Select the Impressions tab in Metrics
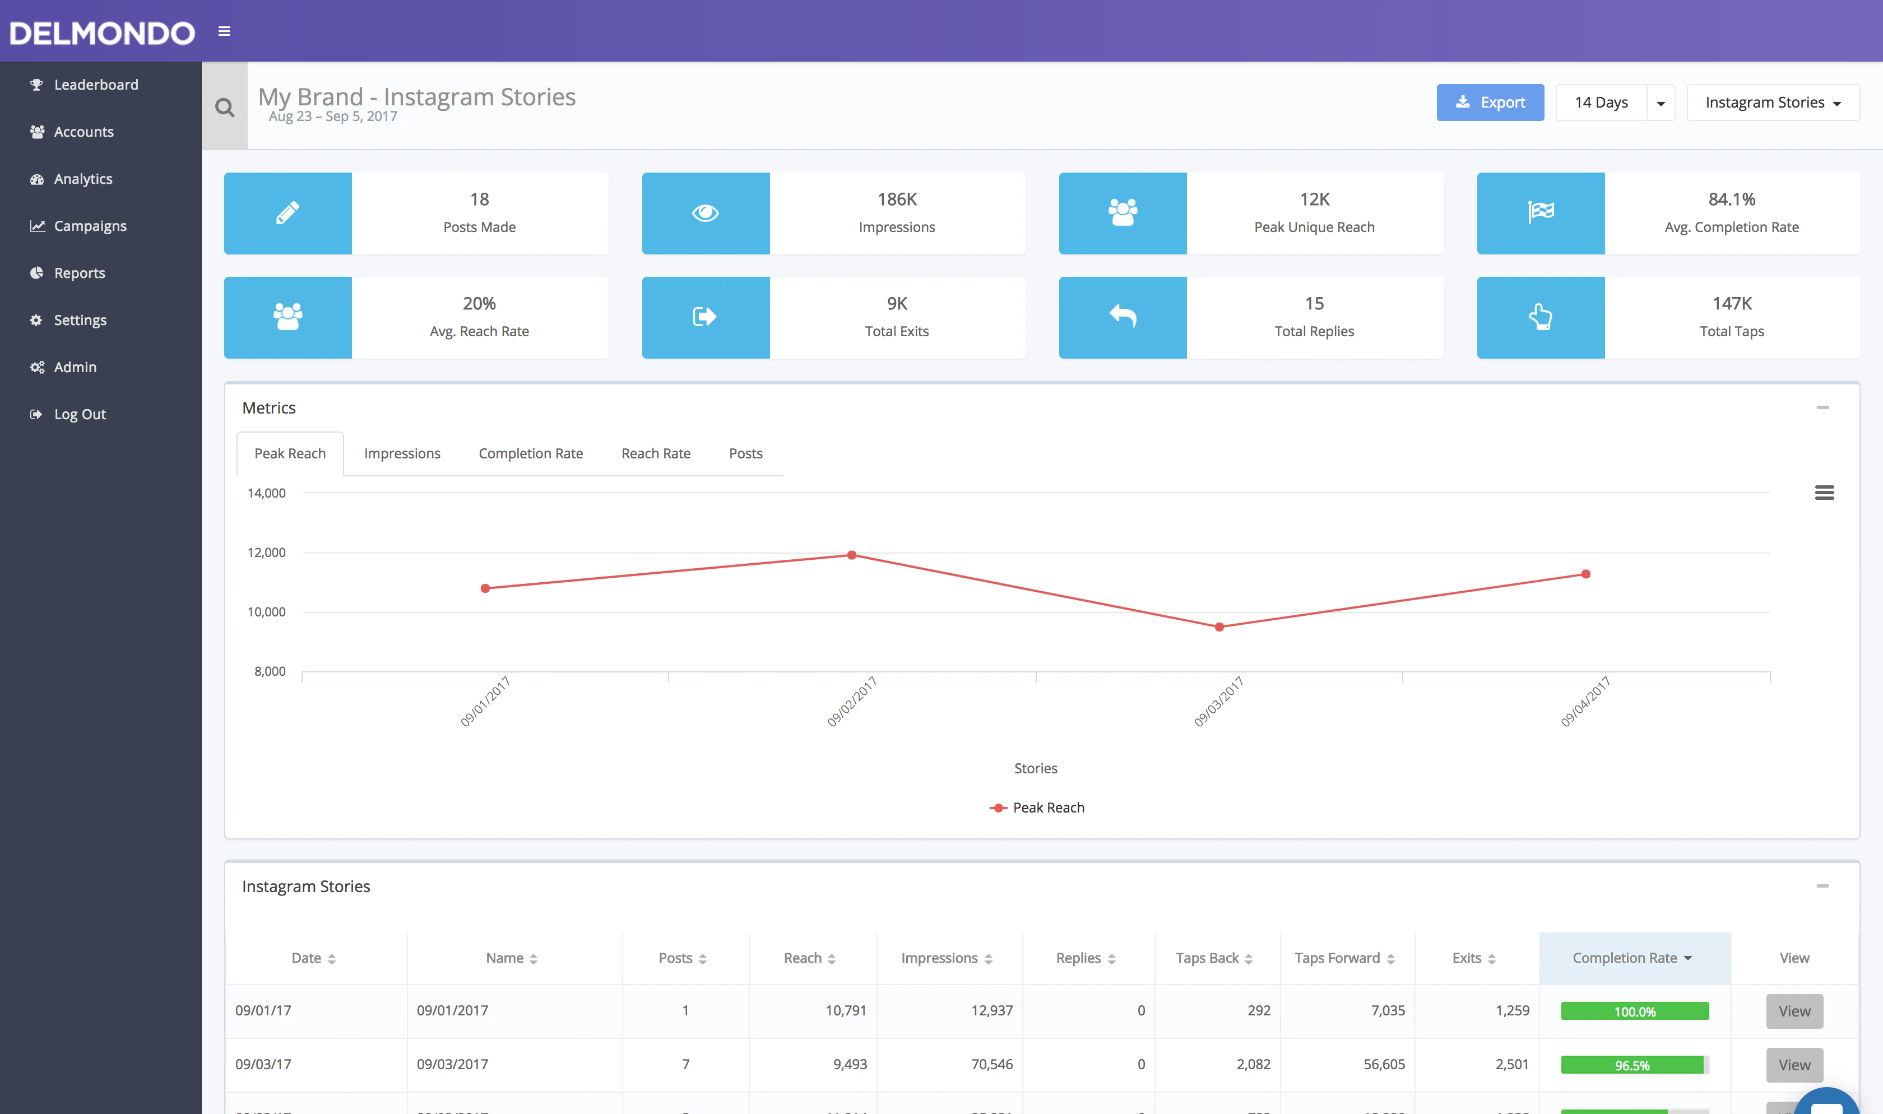(401, 453)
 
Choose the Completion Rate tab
(531, 453)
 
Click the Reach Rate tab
(655, 453)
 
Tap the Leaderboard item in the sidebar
(95, 85)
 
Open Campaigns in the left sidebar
(90, 226)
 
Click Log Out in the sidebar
(80, 414)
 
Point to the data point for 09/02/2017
(852, 555)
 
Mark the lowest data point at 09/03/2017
(1219, 627)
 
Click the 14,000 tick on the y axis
(266, 493)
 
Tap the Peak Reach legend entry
(1037, 807)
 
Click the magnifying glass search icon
(224, 108)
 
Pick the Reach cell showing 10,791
(845, 1010)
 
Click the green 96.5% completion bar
(1633, 1065)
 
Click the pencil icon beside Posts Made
(287, 213)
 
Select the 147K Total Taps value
(1731, 304)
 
